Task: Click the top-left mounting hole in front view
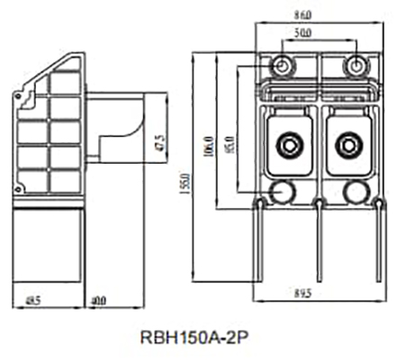(x=283, y=66)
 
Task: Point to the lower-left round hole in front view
(x=283, y=190)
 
